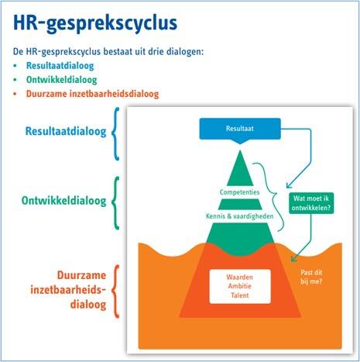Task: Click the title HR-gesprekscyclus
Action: click(95, 23)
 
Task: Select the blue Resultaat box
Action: click(240, 129)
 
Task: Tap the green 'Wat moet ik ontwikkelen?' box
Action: click(311, 203)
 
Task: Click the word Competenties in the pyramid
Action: click(239, 192)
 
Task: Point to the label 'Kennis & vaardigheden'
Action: click(240, 216)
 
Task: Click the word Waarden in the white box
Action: click(240, 277)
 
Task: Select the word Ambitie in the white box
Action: click(240, 286)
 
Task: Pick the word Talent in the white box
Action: click(240, 295)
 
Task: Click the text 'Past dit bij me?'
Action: click(311, 277)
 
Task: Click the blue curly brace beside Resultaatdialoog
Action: click(115, 134)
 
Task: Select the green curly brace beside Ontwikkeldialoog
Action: click(115, 203)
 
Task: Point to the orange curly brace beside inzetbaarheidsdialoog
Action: click(115, 291)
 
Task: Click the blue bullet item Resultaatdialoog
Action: click(60, 66)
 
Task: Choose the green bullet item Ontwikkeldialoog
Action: click(61, 80)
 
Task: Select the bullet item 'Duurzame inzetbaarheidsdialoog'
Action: click(92, 94)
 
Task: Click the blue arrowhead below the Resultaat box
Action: click(289, 185)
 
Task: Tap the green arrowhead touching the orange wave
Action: click(293, 258)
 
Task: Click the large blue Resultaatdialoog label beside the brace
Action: click(66, 131)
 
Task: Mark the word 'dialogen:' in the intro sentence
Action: click(185, 52)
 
